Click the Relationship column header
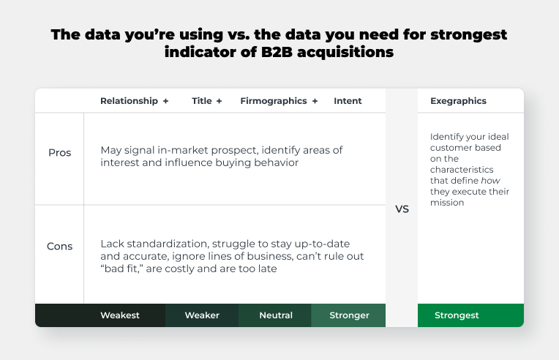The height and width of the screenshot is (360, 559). click(x=129, y=101)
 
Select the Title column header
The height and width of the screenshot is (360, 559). click(x=202, y=101)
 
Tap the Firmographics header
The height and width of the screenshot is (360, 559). click(x=274, y=101)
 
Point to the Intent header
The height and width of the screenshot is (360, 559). click(x=348, y=101)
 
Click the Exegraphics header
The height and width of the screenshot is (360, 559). click(x=458, y=101)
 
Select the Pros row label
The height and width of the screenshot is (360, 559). click(x=59, y=152)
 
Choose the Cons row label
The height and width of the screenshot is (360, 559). click(x=59, y=247)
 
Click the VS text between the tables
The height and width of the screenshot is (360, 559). click(x=402, y=209)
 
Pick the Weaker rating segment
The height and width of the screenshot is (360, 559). click(x=202, y=315)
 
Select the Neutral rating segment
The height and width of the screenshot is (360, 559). click(x=275, y=315)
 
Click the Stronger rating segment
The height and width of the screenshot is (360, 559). click(x=348, y=315)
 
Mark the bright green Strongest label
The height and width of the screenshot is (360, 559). click(x=457, y=315)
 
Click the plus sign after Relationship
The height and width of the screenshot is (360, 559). click(x=166, y=101)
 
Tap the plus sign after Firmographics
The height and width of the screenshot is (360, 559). click(x=315, y=101)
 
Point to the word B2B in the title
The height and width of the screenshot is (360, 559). click(x=277, y=52)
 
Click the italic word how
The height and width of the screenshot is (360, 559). click(x=490, y=180)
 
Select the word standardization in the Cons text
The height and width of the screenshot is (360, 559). click(x=168, y=244)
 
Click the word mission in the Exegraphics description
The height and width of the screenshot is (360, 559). click(x=447, y=203)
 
